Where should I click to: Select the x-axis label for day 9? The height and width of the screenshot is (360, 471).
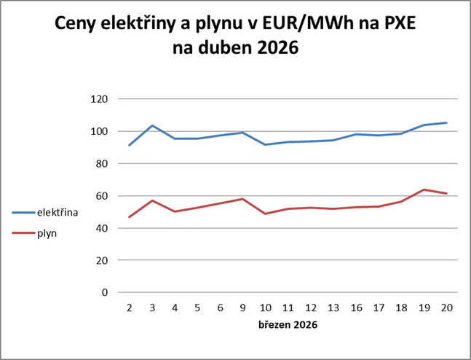point(242,308)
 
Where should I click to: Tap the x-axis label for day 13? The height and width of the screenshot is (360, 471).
point(333,308)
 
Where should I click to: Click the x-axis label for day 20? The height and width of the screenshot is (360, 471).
point(446,308)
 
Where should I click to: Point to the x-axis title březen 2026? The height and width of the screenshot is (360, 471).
point(288,324)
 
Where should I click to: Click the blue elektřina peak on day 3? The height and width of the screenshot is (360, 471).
point(152,125)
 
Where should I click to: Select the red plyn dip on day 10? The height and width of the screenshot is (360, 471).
point(265,214)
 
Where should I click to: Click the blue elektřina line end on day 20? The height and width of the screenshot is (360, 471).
point(446,122)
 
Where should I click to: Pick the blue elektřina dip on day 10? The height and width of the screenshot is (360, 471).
point(265,144)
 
